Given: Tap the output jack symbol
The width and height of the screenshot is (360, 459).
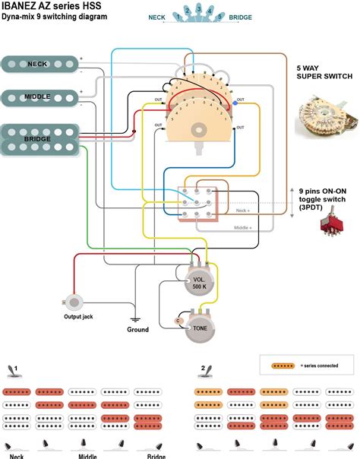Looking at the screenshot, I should coord(74,302).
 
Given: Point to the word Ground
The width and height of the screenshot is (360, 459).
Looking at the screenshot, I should coord(137,330).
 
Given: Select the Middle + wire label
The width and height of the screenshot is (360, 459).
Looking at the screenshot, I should coord(242,227).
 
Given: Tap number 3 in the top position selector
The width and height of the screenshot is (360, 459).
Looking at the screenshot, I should coord(189,9).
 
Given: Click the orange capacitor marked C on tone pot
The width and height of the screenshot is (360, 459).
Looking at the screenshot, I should coord(178,321).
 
